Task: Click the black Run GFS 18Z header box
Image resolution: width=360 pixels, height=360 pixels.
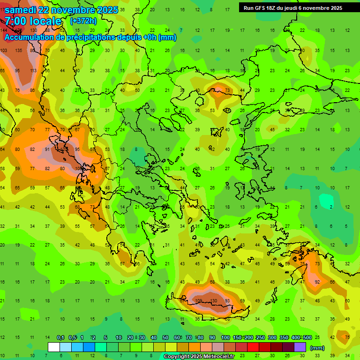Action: pos(293,7)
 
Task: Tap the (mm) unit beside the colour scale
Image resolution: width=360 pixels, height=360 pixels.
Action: pos(317,348)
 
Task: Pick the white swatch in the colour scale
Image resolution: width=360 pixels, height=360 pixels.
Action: pos(54,347)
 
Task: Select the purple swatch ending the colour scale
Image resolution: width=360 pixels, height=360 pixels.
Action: pos(300,347)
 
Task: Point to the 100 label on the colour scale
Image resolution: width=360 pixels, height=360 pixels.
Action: pos(225,338)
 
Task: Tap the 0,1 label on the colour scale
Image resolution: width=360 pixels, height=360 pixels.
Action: pos(60,338)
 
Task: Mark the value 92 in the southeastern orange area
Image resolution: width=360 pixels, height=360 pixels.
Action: pos(317,282)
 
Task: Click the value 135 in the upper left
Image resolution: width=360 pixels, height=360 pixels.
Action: pos(18,51)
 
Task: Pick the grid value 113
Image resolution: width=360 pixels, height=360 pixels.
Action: pos(33,70)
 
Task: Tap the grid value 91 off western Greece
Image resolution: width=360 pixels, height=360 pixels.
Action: pos(48,150)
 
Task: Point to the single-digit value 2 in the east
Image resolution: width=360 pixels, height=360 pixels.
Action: pos(331,207)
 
